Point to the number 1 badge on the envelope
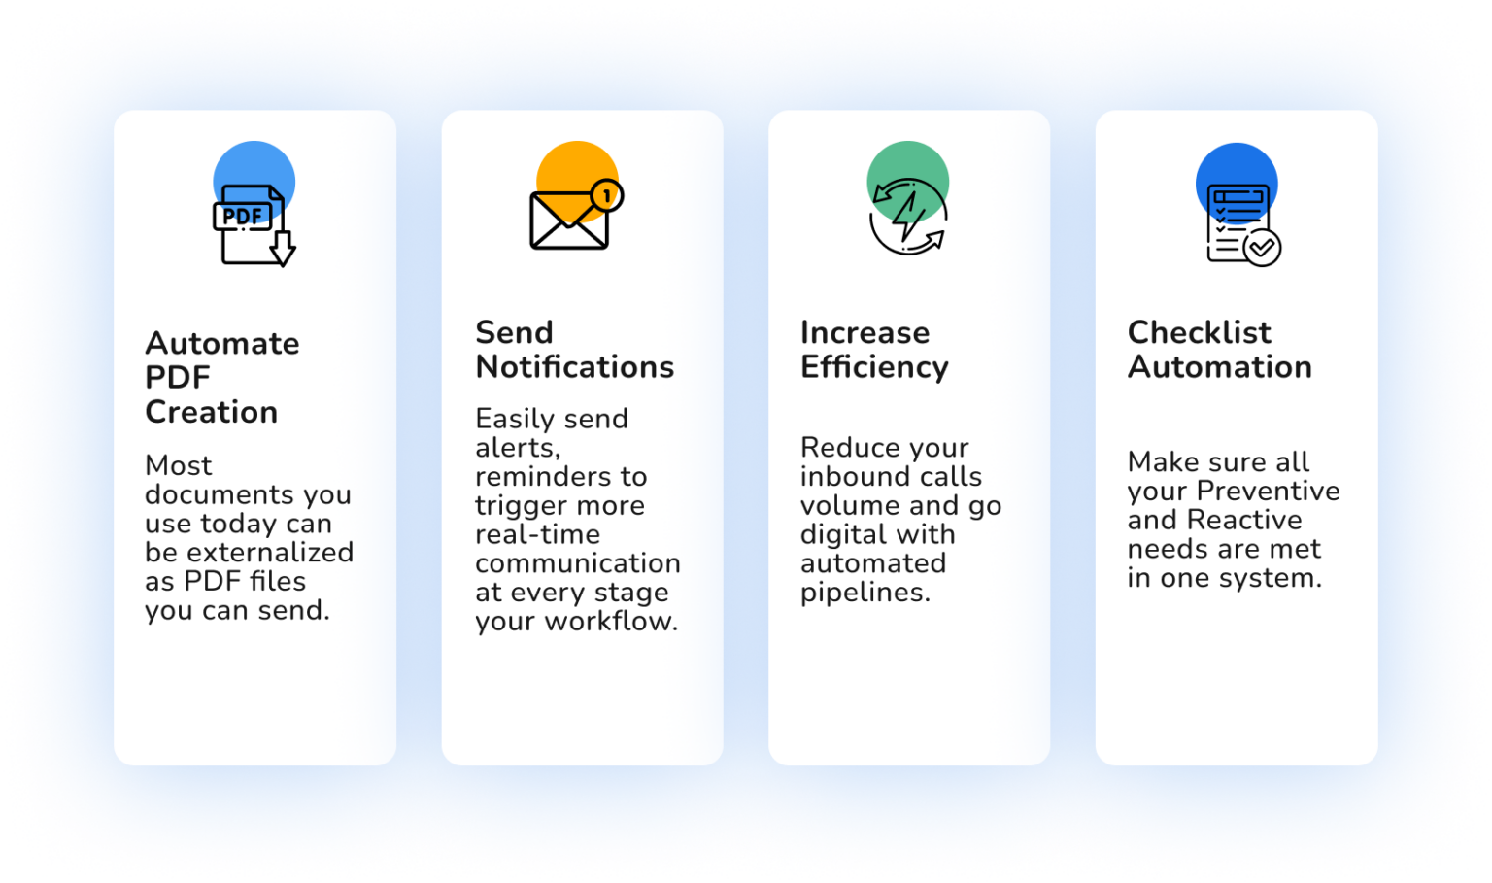click(607, 196)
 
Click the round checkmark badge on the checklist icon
click(1262, 248)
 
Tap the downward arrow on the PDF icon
click(283, 249)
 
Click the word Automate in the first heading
click(222, 344)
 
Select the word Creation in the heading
click(211, 412)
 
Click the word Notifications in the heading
click(575, 367)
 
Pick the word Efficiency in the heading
click(874, 368)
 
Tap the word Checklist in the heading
click(1200, 332)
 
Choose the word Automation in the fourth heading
click(1220, 367)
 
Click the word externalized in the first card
click(270, 552)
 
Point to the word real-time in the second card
click(538, 534)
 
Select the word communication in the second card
click(578, 563)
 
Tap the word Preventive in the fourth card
click(1269, 491)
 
